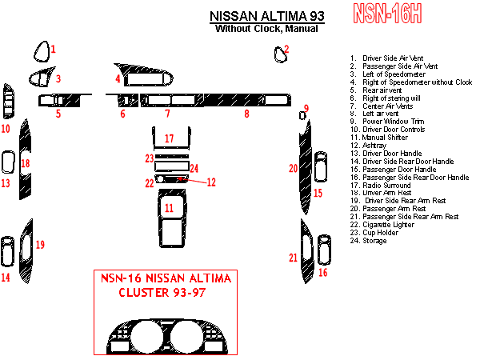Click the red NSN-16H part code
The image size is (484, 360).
pos(387,14)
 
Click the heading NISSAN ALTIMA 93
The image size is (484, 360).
pos(267,16)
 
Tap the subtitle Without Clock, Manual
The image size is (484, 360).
pos(266,29)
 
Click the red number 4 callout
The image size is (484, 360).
pos(118,78)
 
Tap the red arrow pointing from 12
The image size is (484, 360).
pos(192,180)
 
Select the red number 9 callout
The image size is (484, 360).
pos(306,108)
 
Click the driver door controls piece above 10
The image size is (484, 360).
pos(8,102)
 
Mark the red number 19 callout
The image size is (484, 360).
pos(40,245)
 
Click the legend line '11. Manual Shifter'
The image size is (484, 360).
pos(379,138)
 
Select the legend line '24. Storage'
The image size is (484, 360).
pos(368,241)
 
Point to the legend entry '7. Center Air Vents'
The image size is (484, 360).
pos(382,106)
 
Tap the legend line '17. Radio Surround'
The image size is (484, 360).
pos(381,186)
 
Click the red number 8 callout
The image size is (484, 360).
pos(246,114)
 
